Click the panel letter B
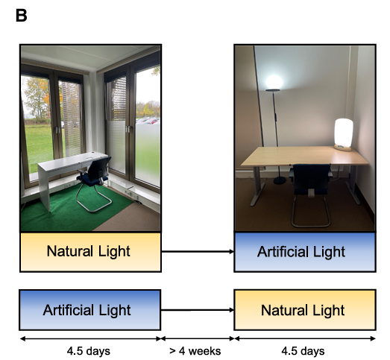(x=21, y=16)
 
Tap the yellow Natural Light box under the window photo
(x=90, y=252)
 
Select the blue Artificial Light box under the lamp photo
(x=305, y=252)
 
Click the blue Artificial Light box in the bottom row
(x=90, y=310)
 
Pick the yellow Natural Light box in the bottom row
(x=305, y=310)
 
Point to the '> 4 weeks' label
(x=195, y=351)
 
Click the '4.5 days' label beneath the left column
(x=88, y=351)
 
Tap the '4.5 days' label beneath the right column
(x=303, y=351)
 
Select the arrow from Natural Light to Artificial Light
(x=198, y=252)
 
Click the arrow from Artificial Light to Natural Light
(x=198, y=310)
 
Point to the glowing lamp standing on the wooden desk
(x=344, y=134)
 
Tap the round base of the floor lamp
(x=280, y=180)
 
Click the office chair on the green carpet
(x=95, y=183)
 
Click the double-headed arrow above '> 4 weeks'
(x=198, y=338)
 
